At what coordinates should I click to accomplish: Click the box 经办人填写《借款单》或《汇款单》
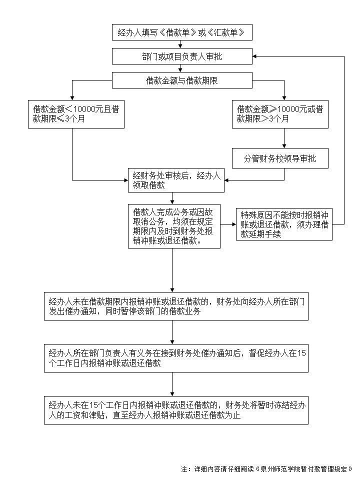click(181, 32)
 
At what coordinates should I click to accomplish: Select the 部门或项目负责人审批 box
click(181, 56)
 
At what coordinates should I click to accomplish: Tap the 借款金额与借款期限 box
click(181, 80)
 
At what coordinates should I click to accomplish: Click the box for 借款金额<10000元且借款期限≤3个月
click(76, 114)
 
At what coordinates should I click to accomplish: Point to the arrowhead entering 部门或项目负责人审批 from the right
click(254, 56)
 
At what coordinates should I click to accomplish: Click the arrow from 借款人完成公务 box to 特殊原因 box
click(228, 224)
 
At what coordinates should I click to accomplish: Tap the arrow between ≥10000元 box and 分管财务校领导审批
click(284, 138)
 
